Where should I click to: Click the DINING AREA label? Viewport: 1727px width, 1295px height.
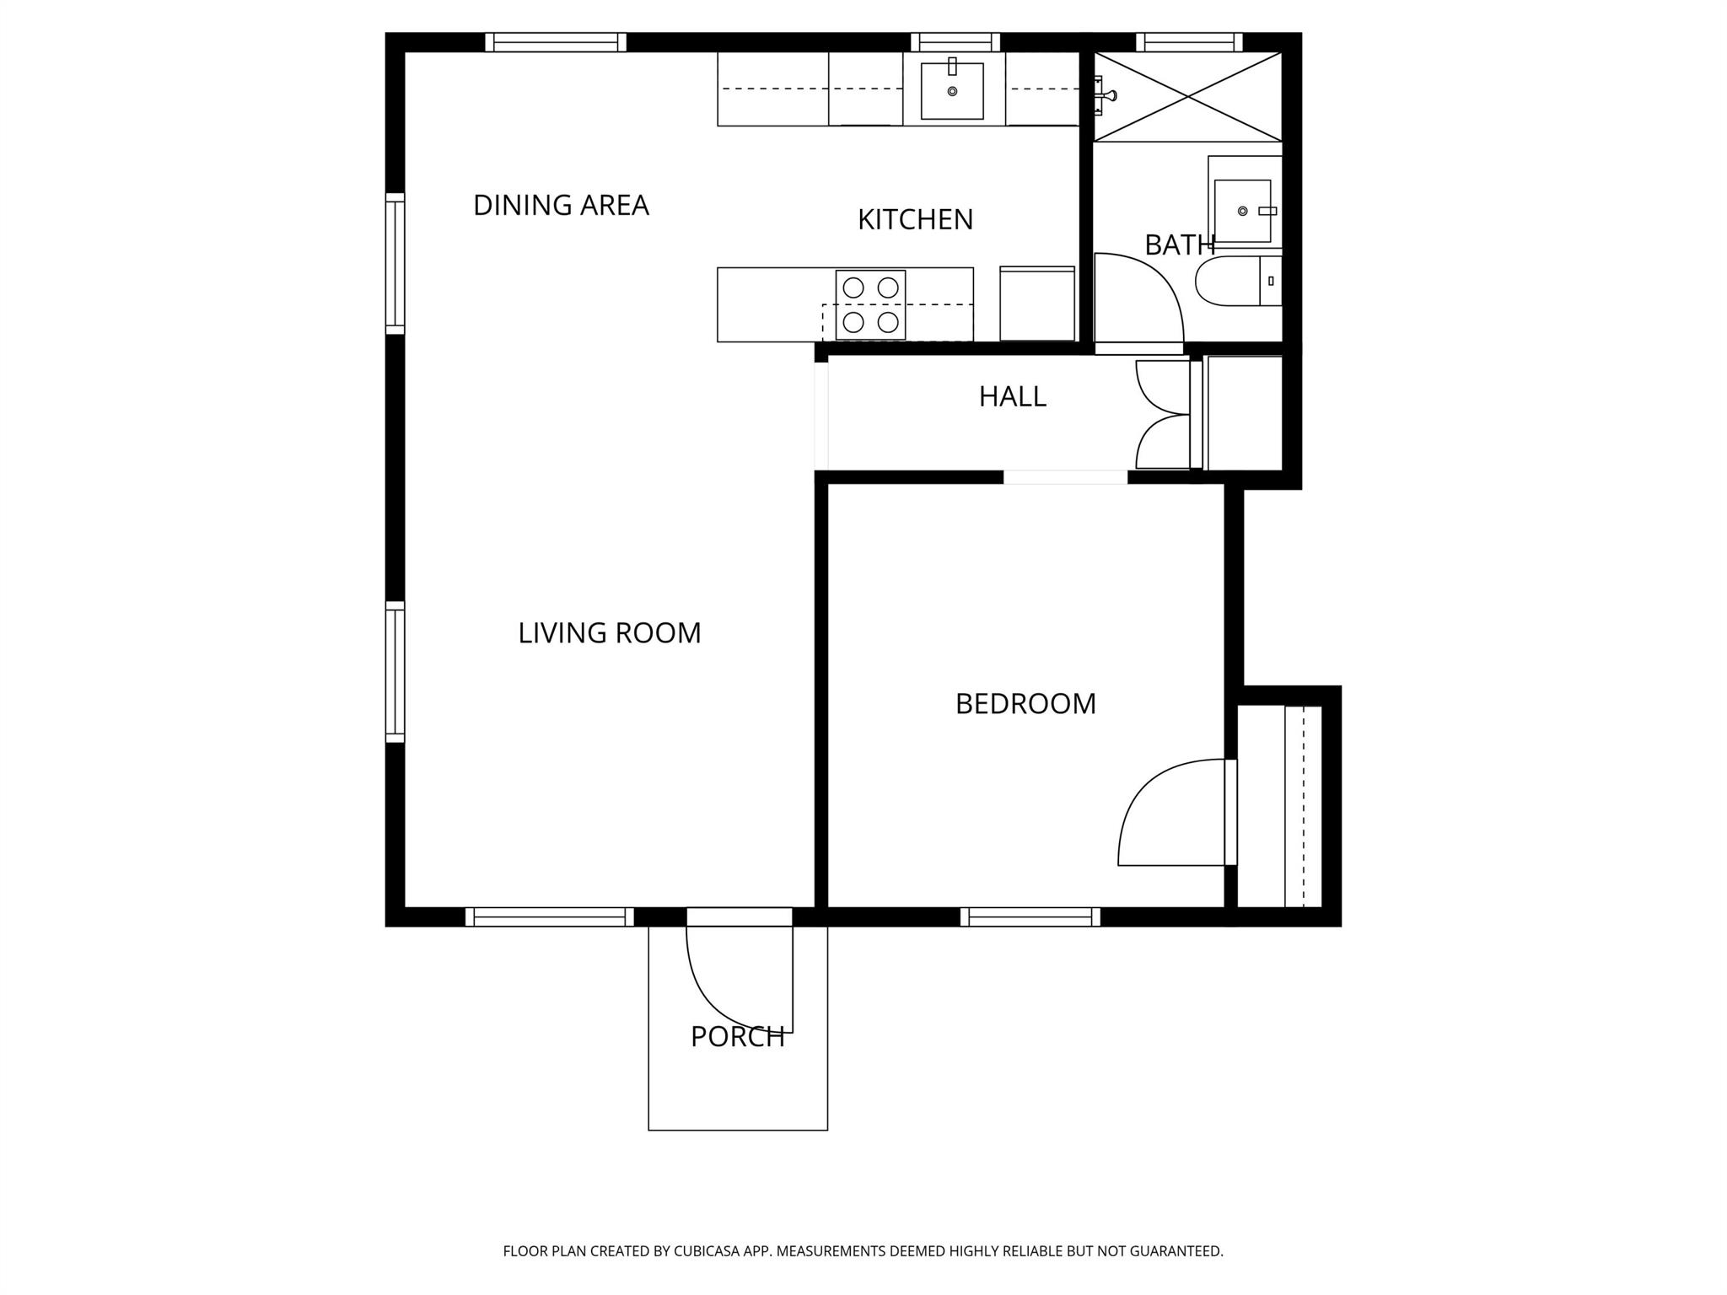(x=561, y=205)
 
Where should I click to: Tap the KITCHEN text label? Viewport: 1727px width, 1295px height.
(x=915, y=219)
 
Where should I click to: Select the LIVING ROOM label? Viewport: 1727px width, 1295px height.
(x=609, y=632)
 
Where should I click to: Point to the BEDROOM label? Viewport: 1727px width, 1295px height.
(x=1025, y=703)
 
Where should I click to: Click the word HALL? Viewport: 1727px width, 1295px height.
(x=1012, y=396)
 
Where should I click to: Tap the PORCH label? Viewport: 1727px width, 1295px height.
(x=737, y=1036)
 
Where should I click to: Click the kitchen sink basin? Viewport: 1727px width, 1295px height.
(x=952, y=91)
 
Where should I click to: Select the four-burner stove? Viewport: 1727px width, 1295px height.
(x=870, y=304)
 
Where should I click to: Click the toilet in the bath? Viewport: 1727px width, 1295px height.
(x=1229, y=282)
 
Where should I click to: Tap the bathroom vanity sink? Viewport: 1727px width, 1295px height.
(x=1242, y=210)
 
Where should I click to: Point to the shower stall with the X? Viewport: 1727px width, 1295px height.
(x=1187, y=96)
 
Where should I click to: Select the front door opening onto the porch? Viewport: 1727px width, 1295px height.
(x=740, y=970)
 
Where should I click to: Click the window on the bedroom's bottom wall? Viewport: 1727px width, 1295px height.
(x=1030, y=916)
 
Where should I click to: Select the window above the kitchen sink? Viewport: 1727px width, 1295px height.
(x=955, y=42)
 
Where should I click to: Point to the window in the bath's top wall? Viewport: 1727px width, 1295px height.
(x=1189, y=42)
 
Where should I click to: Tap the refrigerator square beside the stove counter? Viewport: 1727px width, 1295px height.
(x=1037, y=304)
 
